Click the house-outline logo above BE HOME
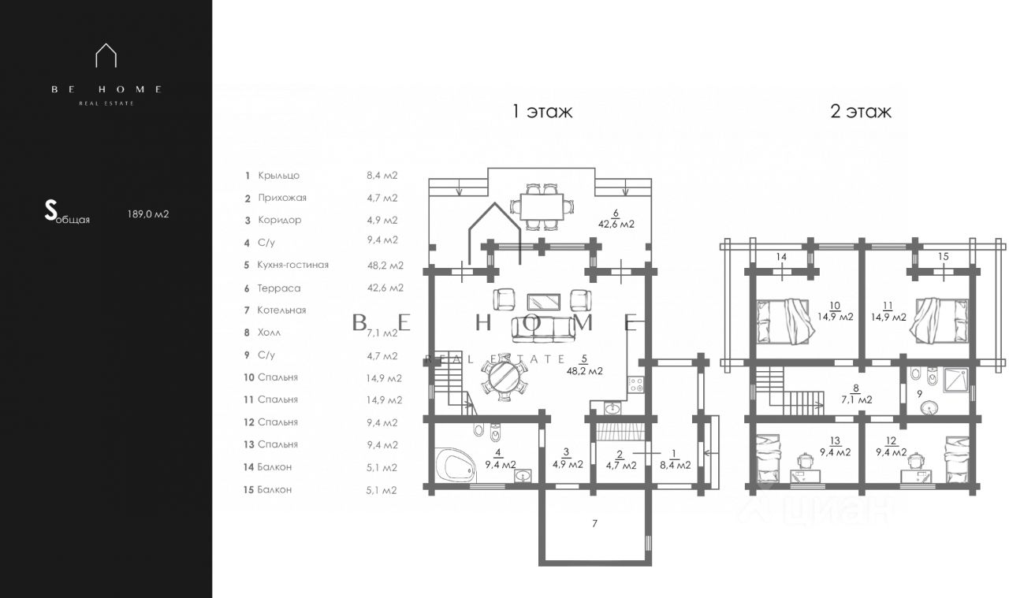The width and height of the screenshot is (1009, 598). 106,55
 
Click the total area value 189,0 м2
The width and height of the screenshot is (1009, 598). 148,214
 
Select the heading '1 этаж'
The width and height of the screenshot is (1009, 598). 542,111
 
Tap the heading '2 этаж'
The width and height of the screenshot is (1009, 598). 861,111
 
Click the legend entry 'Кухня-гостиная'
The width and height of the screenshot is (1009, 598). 292,265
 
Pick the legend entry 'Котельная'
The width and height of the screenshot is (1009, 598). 281,310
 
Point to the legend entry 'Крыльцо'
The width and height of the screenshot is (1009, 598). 278,176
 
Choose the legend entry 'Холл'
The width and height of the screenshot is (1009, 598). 269,332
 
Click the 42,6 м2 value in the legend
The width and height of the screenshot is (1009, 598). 385,288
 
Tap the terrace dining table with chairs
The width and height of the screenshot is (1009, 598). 542,206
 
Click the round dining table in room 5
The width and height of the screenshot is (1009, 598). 504,377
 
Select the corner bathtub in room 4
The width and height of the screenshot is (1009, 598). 456,465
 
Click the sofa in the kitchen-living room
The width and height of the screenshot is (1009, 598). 543,329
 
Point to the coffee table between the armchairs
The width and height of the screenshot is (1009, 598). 544,302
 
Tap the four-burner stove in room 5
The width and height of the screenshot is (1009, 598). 636,384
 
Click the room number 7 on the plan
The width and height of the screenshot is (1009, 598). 594,524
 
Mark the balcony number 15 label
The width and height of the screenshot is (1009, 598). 944,257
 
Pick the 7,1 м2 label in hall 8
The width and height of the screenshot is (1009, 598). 857,400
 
